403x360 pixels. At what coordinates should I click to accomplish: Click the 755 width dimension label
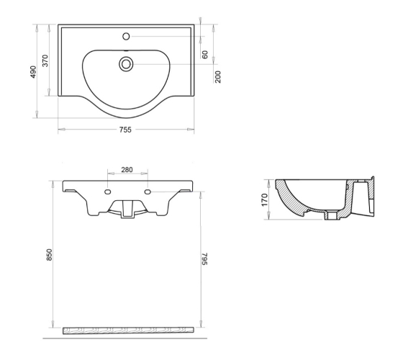coord(125,130)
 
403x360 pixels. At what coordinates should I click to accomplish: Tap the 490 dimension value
coord(34,72)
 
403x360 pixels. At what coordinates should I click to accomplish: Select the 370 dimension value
coord(45,60)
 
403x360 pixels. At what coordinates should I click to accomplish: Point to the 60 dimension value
coord(205,55)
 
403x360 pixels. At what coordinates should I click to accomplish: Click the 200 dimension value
coord(217,77)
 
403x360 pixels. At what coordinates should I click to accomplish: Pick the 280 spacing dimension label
coord(127,170)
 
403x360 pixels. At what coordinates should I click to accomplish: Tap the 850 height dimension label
coord(49,255)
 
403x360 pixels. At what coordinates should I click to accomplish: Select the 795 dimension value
coord(204,259)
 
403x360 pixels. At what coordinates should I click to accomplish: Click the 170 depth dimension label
coord(265,200)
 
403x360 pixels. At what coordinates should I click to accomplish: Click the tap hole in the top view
coord(126,36)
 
